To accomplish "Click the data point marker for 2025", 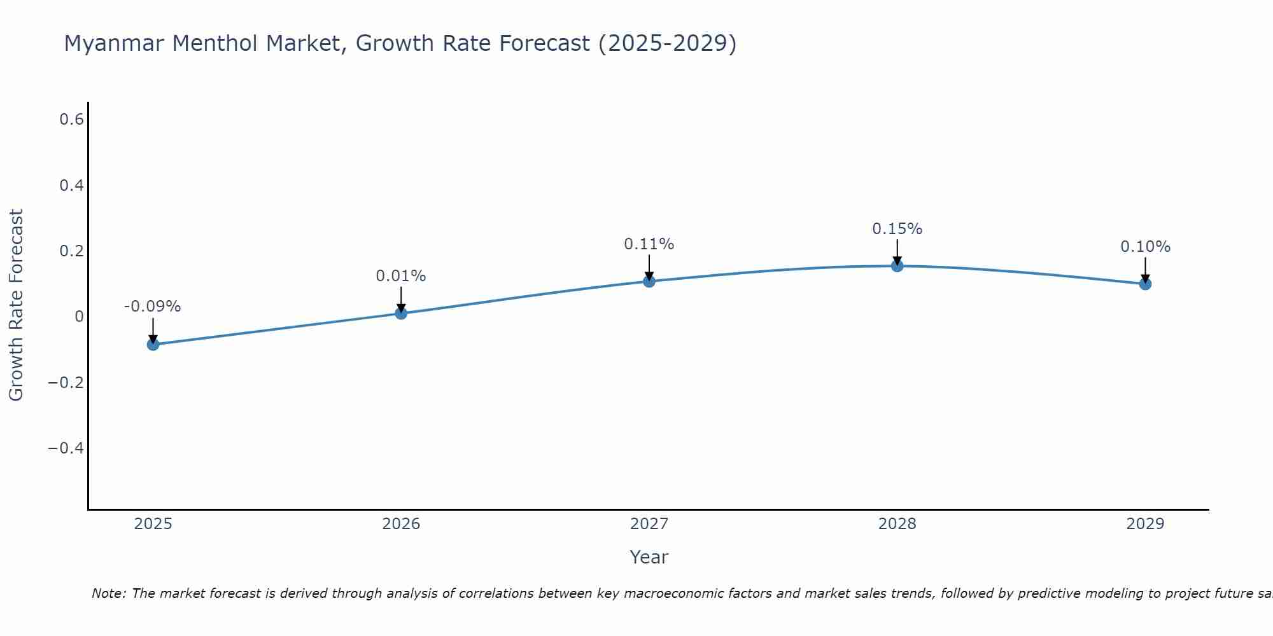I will pos(153,345).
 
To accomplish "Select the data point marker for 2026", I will pos(401,313).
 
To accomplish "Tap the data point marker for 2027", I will pos(649,281).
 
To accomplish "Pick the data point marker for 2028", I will pos(897,266).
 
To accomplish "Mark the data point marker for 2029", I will pos(1145,284).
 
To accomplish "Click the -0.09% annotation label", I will pos(153,307).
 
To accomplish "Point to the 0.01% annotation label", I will pos(401,276).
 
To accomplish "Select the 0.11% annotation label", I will pos(649,244).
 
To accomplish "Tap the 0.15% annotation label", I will pos(897,229).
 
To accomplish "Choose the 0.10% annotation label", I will pos(1145,247).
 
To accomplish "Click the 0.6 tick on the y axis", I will pos(71,120).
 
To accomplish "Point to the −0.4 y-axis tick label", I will pos(66,448).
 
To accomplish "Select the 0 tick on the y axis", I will pos(79,317).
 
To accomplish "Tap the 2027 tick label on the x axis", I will pos(649,524).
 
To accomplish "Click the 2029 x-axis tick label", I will pos(1145,524).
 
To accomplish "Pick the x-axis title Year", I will pos(649,557).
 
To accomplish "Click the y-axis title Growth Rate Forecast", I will pos(16,305).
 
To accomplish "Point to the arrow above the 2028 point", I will pos(897,252).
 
